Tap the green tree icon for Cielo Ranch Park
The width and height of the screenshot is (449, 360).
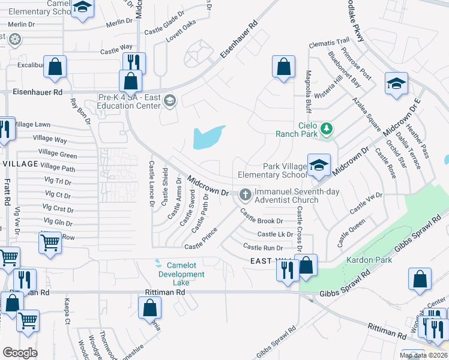pos(327,128)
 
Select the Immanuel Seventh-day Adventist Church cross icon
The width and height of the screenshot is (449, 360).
pos(245,194)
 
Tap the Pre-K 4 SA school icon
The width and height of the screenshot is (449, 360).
pos(170,101)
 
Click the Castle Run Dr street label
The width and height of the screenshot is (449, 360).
pos(263,247)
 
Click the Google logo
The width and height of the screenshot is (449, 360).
pos(20,353)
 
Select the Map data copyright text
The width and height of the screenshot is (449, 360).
pos(423,355)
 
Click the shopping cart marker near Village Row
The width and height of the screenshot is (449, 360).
pos(50,243)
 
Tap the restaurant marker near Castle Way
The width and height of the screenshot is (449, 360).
pos(134,62)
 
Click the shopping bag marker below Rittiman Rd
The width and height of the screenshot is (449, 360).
pos(149,308)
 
